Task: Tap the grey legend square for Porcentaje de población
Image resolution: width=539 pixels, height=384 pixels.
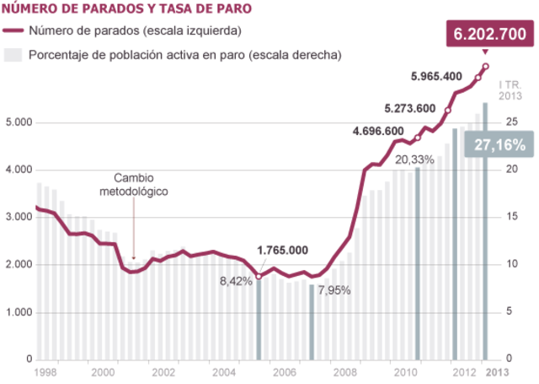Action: tap(13, 55)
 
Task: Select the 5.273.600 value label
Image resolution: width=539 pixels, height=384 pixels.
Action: tap(409, 108)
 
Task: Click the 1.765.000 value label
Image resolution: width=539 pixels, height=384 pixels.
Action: tap(282, 251)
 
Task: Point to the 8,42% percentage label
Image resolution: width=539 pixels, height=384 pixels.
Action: tap(236, 281)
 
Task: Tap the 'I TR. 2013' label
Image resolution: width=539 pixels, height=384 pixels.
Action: tap(510, 90)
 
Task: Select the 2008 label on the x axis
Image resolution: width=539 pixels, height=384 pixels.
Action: tap(344, 372)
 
